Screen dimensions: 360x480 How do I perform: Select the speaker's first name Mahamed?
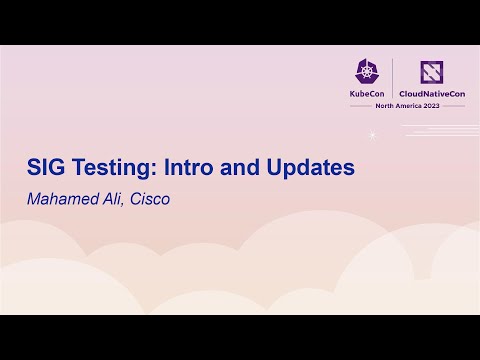(62, 198)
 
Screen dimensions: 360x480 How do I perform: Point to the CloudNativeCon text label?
(432, 93)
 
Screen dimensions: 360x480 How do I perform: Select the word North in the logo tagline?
(377, 107)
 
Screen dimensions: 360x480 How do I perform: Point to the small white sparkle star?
(372, 134)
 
